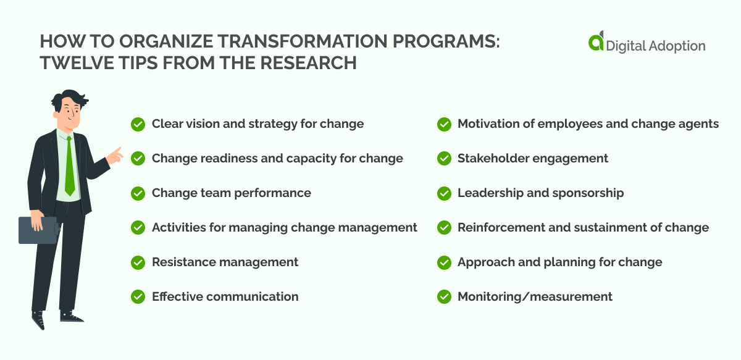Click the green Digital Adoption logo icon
coord(596,43)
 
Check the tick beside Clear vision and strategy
coord(138,124)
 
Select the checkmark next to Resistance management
coord(138,262)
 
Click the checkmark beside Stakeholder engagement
coord(443,159)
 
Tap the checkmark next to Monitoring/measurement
coord(443,297)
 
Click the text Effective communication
coord(225,297)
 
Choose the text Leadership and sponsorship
coord(540,193)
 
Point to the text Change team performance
coord(231,193)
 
